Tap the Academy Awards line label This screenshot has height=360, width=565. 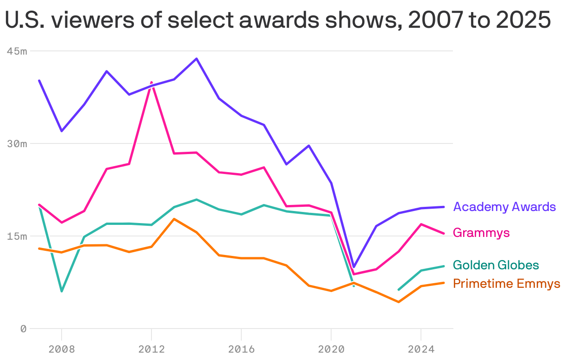(504, 206)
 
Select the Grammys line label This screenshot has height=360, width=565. (481, 232)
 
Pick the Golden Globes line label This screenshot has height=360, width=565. (496, 265)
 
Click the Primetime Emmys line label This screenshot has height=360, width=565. (506, 283)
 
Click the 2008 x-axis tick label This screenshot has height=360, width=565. (62, 348)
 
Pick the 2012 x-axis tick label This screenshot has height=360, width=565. (151, 348)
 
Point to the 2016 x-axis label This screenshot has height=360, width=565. (241, 348)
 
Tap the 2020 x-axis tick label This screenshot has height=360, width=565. (331, 348)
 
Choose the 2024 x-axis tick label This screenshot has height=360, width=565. (421, 348)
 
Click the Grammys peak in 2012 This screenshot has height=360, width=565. (151, 82)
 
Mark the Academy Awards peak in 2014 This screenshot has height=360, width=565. (196, 59)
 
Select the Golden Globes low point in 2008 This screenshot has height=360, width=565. (62, 291)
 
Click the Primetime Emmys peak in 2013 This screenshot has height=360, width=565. (174, 219)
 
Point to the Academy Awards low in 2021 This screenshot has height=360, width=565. (354, 267)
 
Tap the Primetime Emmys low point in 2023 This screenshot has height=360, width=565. (398, 302)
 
